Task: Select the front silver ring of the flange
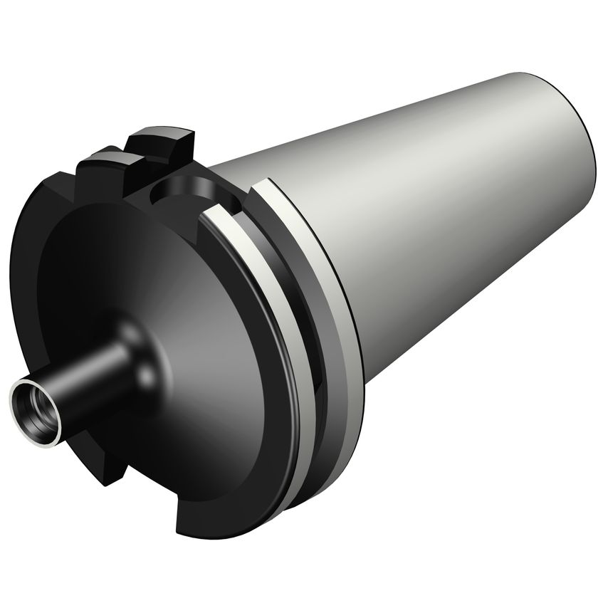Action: click(285, 342)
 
